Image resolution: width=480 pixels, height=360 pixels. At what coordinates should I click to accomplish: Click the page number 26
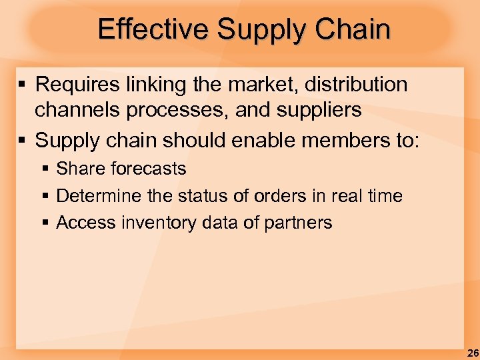coord(472,353)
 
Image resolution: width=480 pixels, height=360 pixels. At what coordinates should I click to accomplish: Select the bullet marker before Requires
coord(23,85)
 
